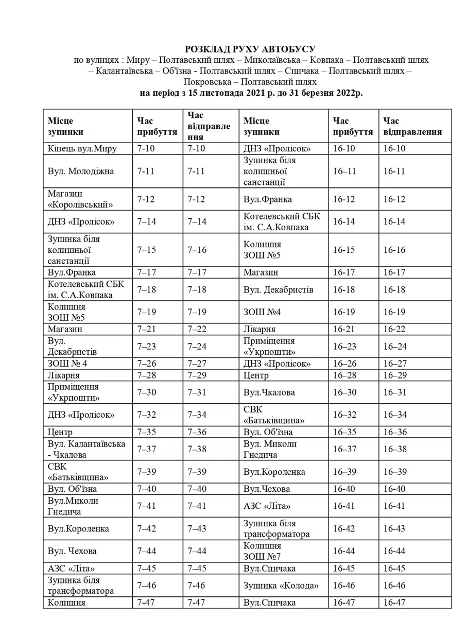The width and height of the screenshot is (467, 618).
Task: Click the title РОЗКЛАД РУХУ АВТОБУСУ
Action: click(x=250, y=49)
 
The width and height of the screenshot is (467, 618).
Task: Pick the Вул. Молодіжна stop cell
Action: click(x=80, y=171)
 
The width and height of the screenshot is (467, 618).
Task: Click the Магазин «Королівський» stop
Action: click(x=80, y=199)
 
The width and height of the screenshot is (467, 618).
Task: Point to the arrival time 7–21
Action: click(x=147, y=329)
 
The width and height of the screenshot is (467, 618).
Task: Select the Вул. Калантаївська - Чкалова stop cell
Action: click(x=87, y=449)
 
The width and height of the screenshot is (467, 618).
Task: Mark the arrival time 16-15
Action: click(x=344, y=250)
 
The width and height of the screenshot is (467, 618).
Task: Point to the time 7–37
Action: click(x=147, y=449)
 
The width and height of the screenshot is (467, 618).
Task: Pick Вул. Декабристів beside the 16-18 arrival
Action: click(x=278, y=289)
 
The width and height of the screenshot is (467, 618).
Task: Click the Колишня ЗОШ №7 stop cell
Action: click(x=263, y=551)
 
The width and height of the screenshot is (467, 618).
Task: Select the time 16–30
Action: click(x=344, y=392)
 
